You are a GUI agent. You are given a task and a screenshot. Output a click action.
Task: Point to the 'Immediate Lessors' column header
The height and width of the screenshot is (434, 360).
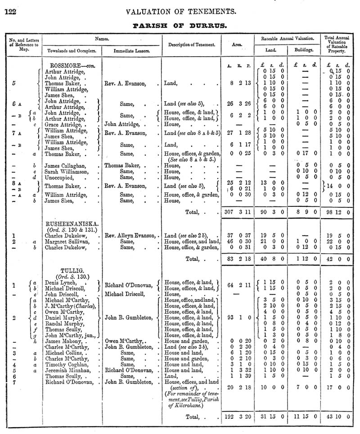(x=131, y=50)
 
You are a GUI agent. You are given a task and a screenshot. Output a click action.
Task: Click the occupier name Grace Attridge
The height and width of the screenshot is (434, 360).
(x=65, y=124)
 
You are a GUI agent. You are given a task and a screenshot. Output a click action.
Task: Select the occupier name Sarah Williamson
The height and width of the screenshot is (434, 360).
(x=67, y=171)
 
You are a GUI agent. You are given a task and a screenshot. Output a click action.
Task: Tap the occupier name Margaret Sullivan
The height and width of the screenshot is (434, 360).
(x=67, y=242)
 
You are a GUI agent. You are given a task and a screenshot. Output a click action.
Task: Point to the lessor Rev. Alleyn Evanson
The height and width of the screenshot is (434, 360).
(x=131, y=235)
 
